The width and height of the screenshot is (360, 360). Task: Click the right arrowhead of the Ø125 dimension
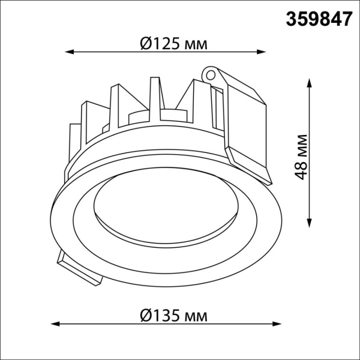(265, 52)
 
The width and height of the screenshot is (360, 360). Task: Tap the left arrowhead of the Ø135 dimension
(53, 325)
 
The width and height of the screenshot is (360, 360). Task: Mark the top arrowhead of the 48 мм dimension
(310, 82)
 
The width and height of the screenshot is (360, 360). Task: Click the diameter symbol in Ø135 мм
(145, 315)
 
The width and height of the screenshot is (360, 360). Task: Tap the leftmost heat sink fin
(74, 144)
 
